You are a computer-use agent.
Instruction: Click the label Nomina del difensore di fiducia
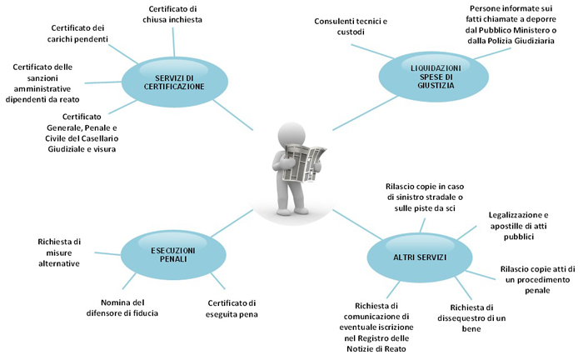[x=122, y=307]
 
